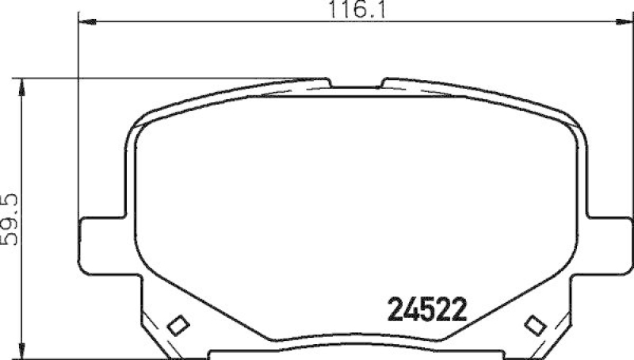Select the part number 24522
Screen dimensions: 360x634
(x=426, y=308)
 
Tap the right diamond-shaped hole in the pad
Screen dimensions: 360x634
(x=535, y=324)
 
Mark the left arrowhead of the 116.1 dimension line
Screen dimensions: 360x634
(x=83, y=25)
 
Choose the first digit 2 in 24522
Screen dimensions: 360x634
(x=394, y=308)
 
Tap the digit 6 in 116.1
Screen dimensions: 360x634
(x=353, y=10)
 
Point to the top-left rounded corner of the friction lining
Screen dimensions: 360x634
(x=147, y=131)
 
